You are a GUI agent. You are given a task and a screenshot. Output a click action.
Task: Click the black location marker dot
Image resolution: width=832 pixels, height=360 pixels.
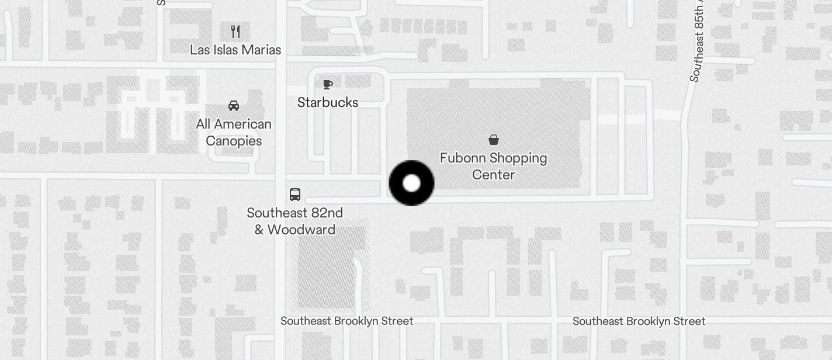(411, 183)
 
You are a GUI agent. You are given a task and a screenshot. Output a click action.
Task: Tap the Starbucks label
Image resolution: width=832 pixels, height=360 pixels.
(327, 102)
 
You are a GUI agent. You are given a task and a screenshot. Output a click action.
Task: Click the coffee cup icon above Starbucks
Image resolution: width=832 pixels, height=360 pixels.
(328, 84)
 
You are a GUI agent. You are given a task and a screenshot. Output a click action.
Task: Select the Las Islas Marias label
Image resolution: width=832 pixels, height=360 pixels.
(235, 50)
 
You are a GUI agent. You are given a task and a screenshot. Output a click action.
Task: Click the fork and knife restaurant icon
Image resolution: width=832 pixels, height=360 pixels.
(235, 32)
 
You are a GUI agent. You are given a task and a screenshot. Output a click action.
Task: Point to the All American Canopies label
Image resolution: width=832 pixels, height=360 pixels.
(234, 132)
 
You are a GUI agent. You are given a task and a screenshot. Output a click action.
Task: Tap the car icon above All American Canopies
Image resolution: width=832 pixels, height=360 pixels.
(234, 106)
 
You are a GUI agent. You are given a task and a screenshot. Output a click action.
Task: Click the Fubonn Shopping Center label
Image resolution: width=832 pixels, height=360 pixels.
(493, 166)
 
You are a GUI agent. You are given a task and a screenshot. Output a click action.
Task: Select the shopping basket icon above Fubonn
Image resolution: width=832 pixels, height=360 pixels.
(494, 139)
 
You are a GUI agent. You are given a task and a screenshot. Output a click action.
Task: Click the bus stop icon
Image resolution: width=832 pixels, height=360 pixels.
(295, 195)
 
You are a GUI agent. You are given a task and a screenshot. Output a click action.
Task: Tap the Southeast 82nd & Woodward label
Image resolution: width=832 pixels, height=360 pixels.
(295, 221)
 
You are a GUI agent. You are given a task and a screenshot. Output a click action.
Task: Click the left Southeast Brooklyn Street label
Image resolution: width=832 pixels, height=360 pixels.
(346, 321)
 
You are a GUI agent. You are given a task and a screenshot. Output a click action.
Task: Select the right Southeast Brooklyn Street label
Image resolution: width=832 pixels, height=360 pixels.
(639, 321)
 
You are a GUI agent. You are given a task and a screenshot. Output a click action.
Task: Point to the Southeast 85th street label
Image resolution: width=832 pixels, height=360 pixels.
(697, 41)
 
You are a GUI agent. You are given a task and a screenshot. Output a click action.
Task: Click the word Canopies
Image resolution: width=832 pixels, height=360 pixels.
(234, 141)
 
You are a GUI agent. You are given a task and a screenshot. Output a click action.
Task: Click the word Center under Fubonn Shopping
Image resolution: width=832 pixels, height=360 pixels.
(493, 175)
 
